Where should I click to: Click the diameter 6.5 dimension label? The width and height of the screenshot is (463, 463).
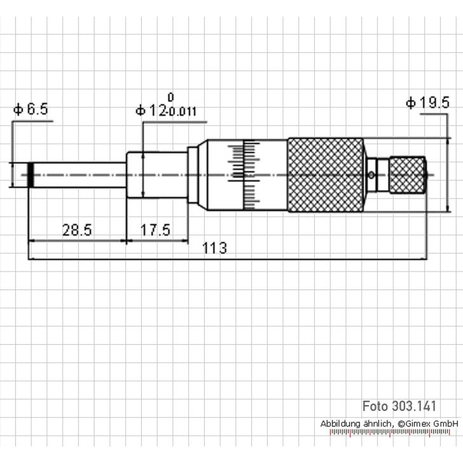click(30, 109)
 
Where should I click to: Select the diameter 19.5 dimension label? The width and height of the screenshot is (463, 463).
click(427, 103)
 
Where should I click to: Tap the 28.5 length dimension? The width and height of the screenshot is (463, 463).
click(76, 230)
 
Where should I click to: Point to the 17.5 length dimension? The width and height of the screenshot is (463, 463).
click(155, 230)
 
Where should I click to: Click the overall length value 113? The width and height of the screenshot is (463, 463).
click(215, 249)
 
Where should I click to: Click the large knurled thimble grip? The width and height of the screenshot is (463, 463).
click(326, 175)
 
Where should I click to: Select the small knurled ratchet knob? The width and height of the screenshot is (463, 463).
click(407, 175)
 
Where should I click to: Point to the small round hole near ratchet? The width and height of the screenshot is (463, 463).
click(371, 175)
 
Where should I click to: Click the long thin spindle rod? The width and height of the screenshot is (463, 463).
click(79, 175)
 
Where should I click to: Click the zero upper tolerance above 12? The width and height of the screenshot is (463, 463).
click(170, 97)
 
